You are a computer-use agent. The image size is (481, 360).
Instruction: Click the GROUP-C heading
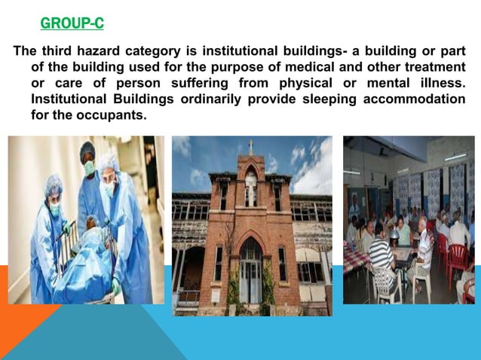coord(72,24)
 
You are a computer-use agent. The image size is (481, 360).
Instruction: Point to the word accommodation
coord(415,99)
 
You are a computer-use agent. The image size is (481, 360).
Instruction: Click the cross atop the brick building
coord(250,145)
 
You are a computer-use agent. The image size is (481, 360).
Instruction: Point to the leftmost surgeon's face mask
coord(54,209)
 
